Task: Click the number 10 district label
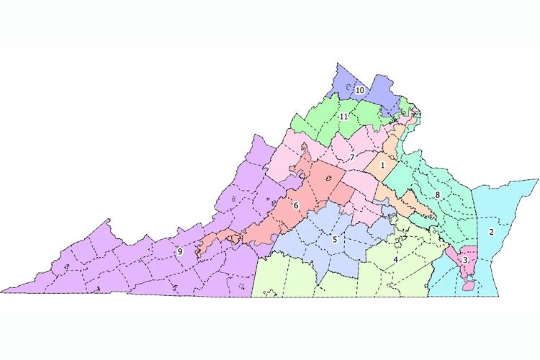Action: tap(359, 90)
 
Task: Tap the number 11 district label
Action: tap(344, 117)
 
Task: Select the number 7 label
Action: tap(351, 157)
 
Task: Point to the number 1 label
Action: tap(382, 166)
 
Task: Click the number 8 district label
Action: tap(437, 194)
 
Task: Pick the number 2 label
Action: tap(491, 232)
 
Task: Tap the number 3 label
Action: tap(465, 260)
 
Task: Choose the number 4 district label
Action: tap(395, 259)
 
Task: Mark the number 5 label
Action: tap(335, 239)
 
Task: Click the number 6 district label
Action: tap(295, 205)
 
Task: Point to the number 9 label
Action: tap(179, 252)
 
